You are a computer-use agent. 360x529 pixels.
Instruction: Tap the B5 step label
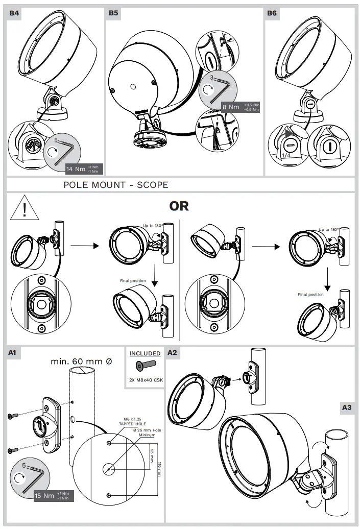point(113,13)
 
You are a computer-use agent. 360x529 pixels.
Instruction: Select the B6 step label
point(272,13)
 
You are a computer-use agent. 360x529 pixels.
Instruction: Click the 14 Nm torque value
point(77,169)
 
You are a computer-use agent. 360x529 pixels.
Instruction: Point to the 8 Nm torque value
point(230,107)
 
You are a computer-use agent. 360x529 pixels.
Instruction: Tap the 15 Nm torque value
point(44,495)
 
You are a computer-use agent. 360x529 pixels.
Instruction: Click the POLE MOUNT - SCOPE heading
point(115,185)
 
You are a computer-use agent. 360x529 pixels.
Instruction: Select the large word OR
point(179,206)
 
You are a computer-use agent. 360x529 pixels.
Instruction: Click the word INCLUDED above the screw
point(145,353)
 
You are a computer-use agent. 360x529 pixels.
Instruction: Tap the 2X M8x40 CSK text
point(145,380)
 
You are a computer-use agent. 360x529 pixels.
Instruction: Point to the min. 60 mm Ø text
point(81,362)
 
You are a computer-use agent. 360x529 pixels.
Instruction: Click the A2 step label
point(172,352)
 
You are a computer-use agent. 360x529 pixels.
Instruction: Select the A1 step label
point(14,352)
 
